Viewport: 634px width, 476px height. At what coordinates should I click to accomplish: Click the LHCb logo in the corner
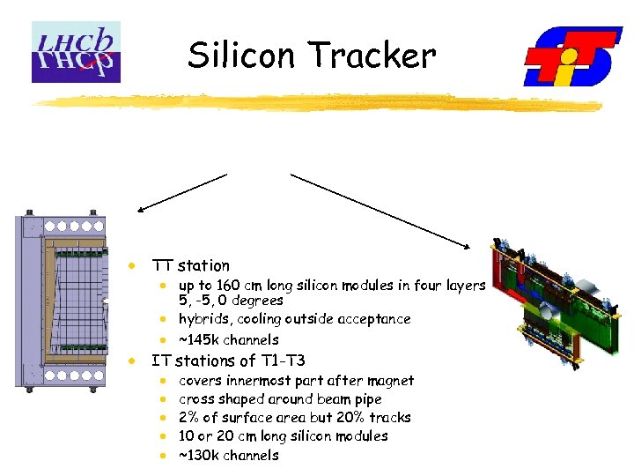[76, 52]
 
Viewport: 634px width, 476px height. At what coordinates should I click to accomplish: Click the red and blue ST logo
[572, 56]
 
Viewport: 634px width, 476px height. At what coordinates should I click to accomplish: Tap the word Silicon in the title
[236, 56]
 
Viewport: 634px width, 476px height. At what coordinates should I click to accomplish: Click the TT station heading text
[190, 265]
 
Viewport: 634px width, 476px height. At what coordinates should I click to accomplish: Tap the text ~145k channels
[229, 339]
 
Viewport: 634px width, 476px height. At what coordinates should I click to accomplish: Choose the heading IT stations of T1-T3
[228, 361]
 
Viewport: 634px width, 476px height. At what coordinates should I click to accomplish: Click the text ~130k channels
[229, 455]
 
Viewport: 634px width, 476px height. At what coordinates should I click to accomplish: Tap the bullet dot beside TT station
[131, 265]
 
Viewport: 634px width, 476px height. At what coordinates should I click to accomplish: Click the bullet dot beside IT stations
[131, 361]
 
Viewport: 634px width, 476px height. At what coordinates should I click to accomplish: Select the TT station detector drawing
[65, 300]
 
